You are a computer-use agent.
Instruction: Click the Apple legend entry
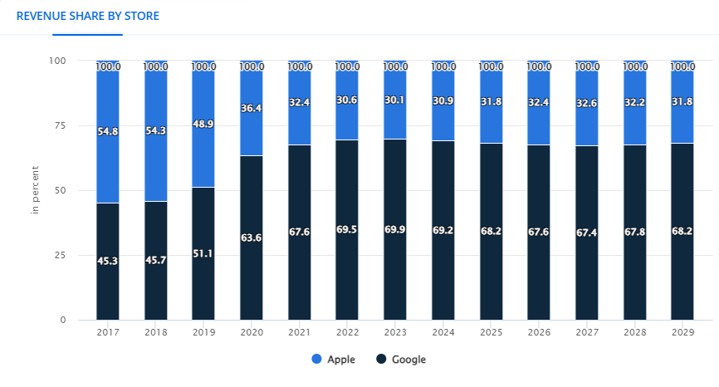[x=334, y=360]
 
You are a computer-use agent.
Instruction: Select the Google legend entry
[x=401, y=360]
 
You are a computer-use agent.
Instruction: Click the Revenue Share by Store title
[x=88, y=16]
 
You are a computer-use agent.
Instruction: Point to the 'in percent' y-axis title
[x=36, y=190]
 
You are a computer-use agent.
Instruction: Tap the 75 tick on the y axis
[x=58, y=125]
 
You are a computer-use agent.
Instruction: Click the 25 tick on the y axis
[x=58, y=255]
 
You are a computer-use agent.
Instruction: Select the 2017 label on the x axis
[x=108, y=332]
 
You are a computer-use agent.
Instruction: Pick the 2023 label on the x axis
[x=395, y=332]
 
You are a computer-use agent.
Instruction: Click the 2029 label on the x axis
[x=682, y=332]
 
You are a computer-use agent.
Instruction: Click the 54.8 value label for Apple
[x=108, y=131]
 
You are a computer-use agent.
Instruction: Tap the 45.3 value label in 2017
[x=108, y=261]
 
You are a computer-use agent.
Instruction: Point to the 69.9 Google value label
[x=395, y=229]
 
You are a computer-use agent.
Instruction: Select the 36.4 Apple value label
[x=252, y=108]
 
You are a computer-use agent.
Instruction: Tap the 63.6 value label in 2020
[x=252, y=238]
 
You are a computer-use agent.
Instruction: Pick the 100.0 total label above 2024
[x=443, y=66]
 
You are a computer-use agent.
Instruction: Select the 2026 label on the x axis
[x=539, y=332]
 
